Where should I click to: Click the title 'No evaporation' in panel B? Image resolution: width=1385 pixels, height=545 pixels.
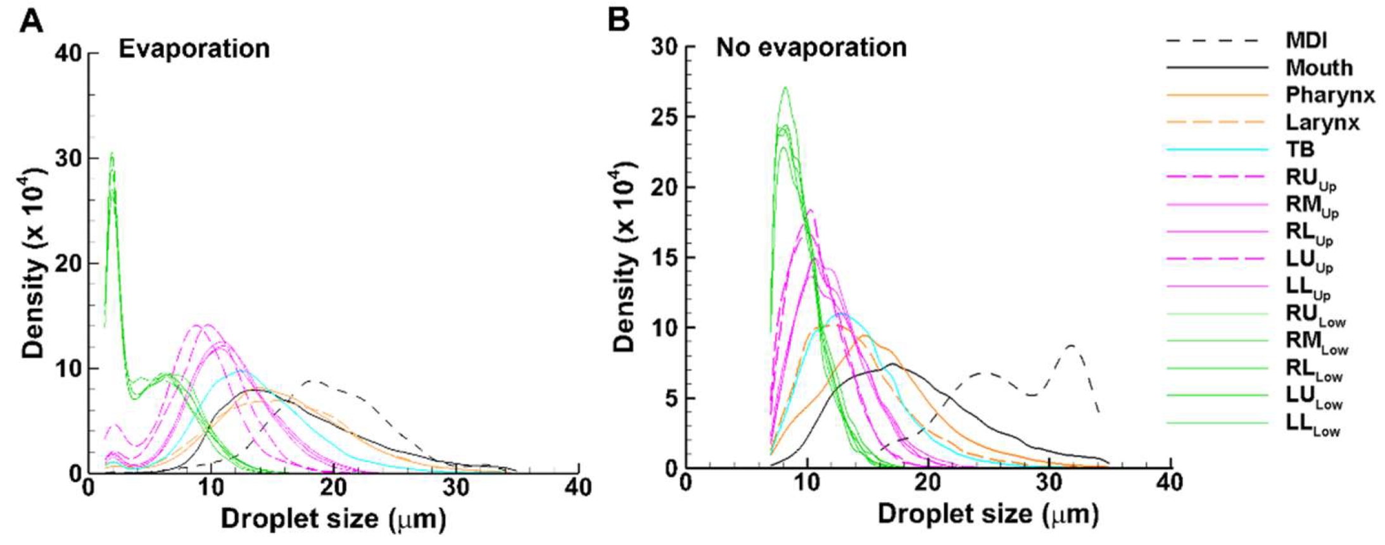click(x=811, y=47)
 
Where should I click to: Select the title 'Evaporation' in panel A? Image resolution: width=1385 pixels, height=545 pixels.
click(x=194, y=49)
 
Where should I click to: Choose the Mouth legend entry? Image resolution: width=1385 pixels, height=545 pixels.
click(x=1319, y=68)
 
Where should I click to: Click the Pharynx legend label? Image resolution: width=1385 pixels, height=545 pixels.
click(x=1330, y=95)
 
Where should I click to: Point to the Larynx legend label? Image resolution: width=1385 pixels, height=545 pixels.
click(x=1322, y=122)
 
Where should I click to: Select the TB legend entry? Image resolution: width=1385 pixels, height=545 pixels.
click(x=1300, y=149)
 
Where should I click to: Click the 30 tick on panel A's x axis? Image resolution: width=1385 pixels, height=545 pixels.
click(x=455, y=487)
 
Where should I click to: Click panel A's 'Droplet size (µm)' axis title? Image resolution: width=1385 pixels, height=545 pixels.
click(x=333, y=519)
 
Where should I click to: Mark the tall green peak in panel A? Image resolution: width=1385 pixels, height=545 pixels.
click(x=112, y=155)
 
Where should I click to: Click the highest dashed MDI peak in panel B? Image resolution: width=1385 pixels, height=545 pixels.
click(x=1071, y=346)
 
